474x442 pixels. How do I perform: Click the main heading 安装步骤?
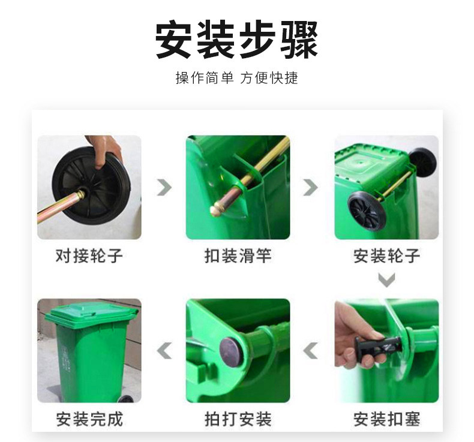[x=236, y=40]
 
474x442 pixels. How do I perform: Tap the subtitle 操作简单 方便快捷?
[x=236, y=78]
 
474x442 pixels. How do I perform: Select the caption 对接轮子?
[x=89, y=256]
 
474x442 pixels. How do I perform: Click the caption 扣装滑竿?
[x=238, y=256]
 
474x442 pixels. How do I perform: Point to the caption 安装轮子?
[x=386, y=256]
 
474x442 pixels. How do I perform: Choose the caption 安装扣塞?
[x=386, y=419]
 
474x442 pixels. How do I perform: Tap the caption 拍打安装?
[x=238, y=419]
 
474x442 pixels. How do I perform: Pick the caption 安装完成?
[x=89, y=419]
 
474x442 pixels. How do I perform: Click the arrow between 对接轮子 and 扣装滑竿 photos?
[x=164, y=187]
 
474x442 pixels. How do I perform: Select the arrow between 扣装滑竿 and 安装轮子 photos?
[x=310, y=187]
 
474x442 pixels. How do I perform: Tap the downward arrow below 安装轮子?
[x=386, y=280]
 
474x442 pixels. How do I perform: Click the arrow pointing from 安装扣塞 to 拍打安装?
[x=310, y=350]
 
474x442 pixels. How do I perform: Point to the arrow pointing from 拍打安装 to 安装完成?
[x=164, y=350]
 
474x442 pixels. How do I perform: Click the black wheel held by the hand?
[x=91, y=186]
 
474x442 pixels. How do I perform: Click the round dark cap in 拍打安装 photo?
[x=230, y=352]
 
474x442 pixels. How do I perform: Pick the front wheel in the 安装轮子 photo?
[x=366, y=211]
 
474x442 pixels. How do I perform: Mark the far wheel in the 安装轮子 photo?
[x=422, y=163]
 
